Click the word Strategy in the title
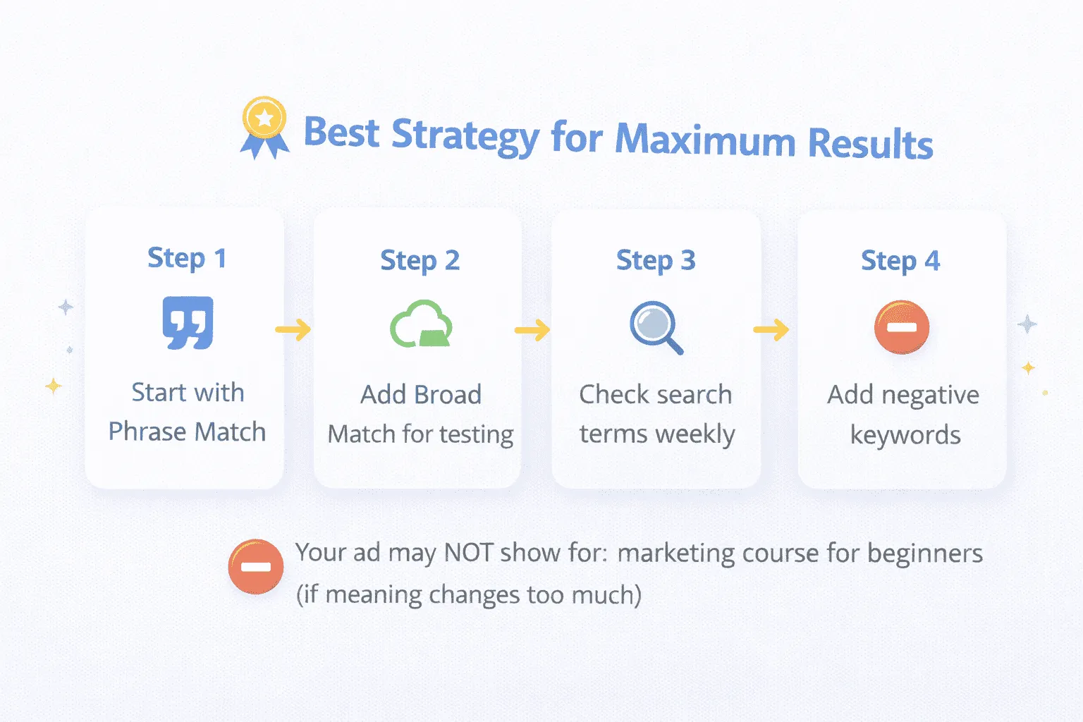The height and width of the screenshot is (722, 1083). click(x=465, y=135)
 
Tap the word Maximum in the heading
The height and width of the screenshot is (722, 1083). click(x=705, y=140)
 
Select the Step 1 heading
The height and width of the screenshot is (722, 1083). click(x=187, y=258)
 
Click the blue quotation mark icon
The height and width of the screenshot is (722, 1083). click(x=188, y=323)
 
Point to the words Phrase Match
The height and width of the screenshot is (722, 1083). click(x=187, y=432)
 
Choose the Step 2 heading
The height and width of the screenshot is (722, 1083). click(x=420, y=260)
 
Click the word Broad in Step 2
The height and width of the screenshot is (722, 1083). click(x=447, y=395)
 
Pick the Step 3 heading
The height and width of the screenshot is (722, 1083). click(x=656, y=260)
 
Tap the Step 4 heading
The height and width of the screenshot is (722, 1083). click(x=900, y=261)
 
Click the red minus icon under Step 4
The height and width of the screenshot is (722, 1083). click(x=901, y=327)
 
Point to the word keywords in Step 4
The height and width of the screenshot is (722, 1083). click(x=905, y=435)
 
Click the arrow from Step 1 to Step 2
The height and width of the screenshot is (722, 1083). click(x=293, y=329)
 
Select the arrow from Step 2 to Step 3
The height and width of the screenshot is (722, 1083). click(x=532, y=330)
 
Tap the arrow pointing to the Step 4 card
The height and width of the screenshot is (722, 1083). click(x=771, y=329)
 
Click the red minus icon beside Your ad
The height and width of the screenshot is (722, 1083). click(x=256, y=566)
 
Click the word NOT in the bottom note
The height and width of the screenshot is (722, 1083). click(x=469, y=553)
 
